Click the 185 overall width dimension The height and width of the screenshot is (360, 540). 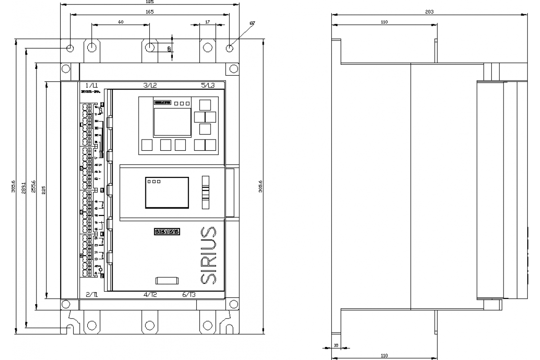click(x=150, y=2)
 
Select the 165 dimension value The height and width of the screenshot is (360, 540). click(x=150, y=12)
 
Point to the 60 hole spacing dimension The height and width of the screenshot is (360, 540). click(x=121, y=22)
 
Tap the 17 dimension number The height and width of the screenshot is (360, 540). click(x=207, y=22)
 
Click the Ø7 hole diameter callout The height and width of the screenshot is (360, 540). click(x=252, y=23)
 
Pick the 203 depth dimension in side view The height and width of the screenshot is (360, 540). click(x=429, y=12)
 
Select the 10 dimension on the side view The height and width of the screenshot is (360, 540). click(x=336, y=346)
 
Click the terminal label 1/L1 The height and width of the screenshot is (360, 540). click(x=92, y=85)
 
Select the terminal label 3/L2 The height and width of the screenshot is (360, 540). click(x=150, y=85)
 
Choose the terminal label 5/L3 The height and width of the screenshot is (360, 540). click(x=208, y=85)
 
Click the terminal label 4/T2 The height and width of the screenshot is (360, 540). click(x=150, y=295)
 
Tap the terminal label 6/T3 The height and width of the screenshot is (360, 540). click(x=189, y=295)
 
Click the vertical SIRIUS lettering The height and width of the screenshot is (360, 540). click(x=207, y=255)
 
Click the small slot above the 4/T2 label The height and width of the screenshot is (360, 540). click(x=167, y=281)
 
